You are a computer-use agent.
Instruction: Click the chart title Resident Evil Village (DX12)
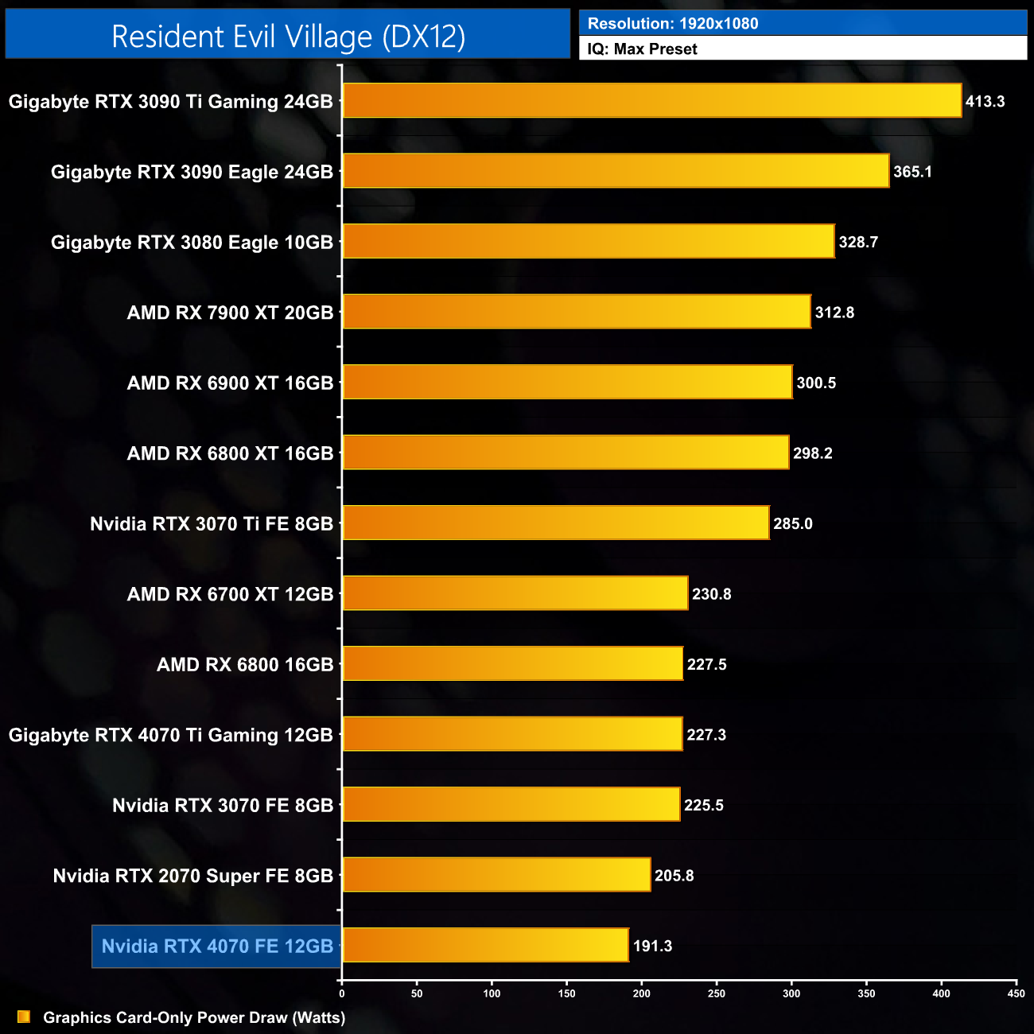point(288,37)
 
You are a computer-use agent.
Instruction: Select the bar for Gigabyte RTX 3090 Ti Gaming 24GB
point(651,101)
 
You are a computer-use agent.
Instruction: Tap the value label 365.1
point(912,172)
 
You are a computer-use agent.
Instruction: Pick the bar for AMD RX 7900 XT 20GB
point(576,312)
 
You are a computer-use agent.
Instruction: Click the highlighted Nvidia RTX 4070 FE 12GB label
point(217,946)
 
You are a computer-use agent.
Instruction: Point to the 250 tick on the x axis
point(717,993)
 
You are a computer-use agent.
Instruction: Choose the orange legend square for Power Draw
point(24,1017)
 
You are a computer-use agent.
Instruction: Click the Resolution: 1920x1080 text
point(673,24)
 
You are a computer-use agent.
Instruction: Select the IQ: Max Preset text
point(642,49)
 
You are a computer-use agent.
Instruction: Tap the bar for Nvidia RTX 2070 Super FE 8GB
point(496,875)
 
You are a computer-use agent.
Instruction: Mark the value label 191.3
point(652,946)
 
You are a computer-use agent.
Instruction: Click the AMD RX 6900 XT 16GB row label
point(230,383)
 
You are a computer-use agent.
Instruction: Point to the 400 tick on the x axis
point(942,993)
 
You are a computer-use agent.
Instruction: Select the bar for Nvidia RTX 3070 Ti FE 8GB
point(555,523)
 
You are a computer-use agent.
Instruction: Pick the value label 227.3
point(706,735)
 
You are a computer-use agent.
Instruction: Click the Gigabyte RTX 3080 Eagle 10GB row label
point(192,242)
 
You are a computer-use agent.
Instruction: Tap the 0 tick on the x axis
point(342,993)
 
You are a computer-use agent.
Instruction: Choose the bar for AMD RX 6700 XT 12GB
point(515,593)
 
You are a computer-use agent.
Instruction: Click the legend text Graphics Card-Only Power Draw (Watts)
point(194,1017)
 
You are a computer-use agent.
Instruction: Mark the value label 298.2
point(812,453)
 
